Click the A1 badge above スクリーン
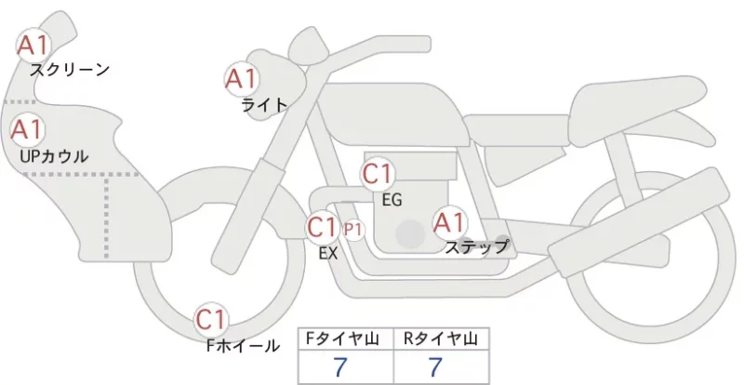pos(33,46)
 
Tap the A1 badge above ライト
pos(241,79)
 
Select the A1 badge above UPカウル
pos(28,129)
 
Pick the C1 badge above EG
pos(379,174)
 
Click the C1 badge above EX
pos(322,227)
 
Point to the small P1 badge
pos(353,230)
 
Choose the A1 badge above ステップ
pos(449,222)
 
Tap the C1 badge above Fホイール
pos(211,320)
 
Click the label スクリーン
pos(70,71)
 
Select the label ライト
pos(265,105)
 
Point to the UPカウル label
pos(54,156)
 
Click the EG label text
pos(392,200)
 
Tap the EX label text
pos(328,254)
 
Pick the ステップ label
pos(476,246)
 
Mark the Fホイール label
pos(243,346)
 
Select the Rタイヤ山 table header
pos(441,339)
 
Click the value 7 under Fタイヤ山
pos(340,367)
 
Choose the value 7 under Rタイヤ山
pos(435,367)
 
